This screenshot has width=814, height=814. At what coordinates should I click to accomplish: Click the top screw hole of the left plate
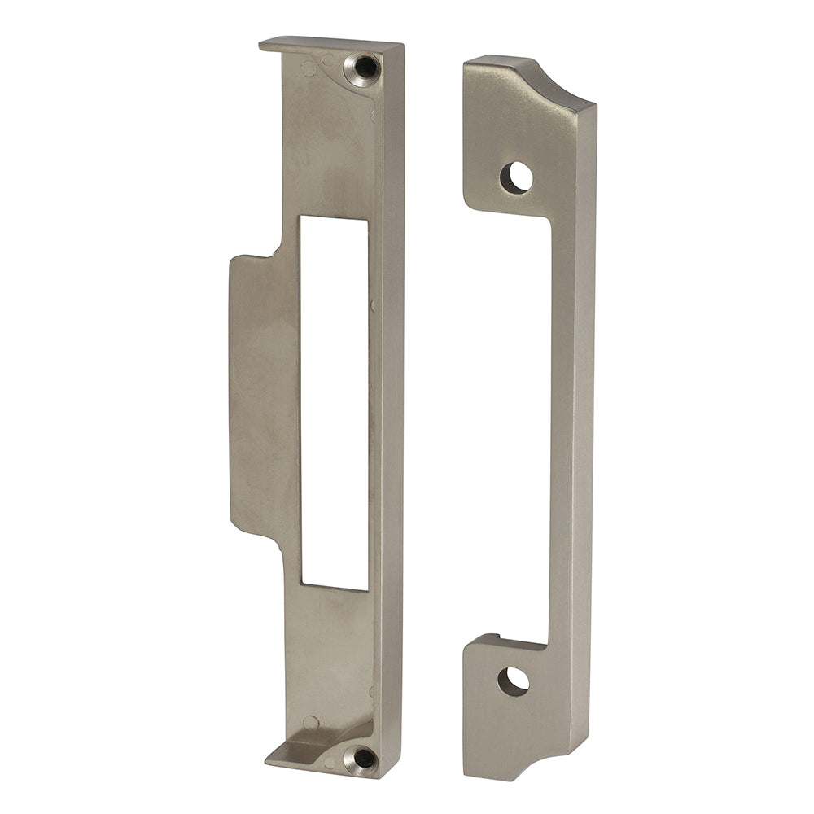pyautogui.click(x=363, y=69)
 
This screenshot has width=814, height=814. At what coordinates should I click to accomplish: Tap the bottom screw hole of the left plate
pyautogui.click(x=361, y=758)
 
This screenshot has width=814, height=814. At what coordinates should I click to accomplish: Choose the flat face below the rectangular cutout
pyautogui.click(x=330, y=643)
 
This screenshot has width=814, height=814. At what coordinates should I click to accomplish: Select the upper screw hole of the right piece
pyautogui.click(x=516, y=177)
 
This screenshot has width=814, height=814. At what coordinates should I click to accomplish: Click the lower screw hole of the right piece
pyautogui.click(x=513, y=681)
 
